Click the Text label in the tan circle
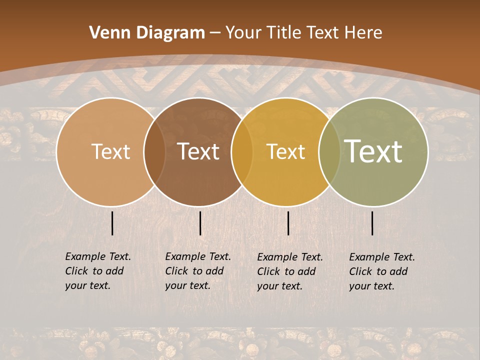point(110,151)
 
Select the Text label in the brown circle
point(198,151)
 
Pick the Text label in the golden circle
point(285,151)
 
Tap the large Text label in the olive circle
point(373,151)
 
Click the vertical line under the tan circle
point(112,223)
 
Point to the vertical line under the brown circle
point(200,223)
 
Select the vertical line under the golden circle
point(288,223)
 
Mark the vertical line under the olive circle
point(372,223)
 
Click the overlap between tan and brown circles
point(154,152)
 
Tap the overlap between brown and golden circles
point(242,152)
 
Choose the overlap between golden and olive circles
point(329,152)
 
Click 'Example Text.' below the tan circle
point(98,256)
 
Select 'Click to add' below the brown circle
point(194,271)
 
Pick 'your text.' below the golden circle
point(280,286)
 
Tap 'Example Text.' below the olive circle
point(382,257)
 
